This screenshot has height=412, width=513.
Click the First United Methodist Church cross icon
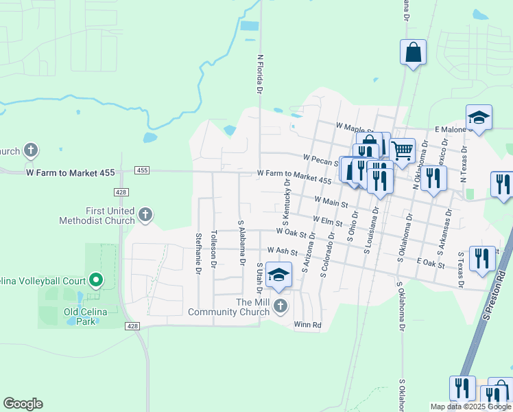coord(145,216)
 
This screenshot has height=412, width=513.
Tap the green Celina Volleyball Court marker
coord(96,280)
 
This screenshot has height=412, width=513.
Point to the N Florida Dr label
coord(260,74)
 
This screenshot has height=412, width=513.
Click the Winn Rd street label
coord(307,325)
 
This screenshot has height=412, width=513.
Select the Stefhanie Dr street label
coord(198,254)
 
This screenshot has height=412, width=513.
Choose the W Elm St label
coord(327,220)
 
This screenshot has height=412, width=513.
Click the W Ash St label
coord(283,251)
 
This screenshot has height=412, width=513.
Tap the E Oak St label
coord(431,262)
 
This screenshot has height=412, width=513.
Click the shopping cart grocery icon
coord(402,150)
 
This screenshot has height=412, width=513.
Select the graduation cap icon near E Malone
coord(479,117)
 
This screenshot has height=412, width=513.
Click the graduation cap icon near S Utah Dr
coord(278,275)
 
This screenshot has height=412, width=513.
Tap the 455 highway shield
coord(142,170)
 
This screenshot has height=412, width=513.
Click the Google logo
coord(23,404)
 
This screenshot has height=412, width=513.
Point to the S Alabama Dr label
coord(241,242)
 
